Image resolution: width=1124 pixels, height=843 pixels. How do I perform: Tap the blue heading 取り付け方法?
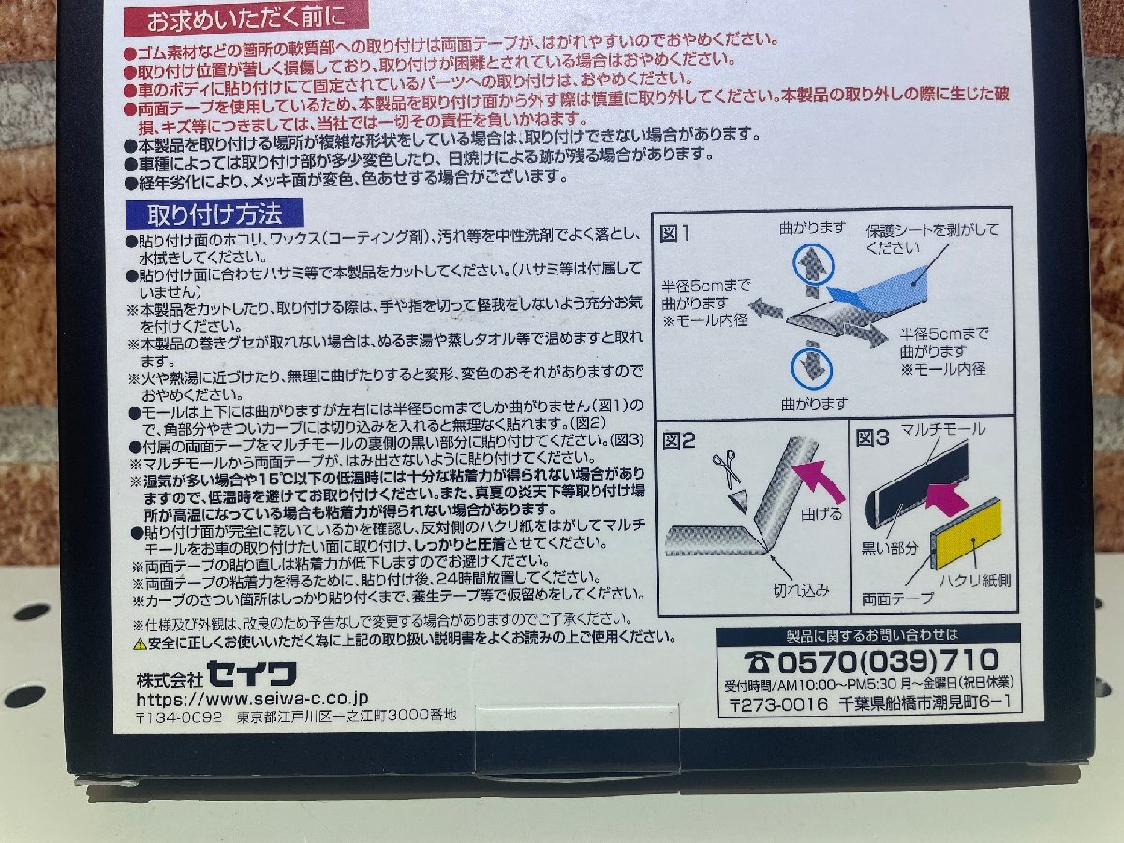pos(213,214)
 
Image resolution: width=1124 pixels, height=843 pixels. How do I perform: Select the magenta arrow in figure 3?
pos(947,494)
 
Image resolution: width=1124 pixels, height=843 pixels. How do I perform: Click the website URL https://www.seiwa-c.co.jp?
pos(252,698)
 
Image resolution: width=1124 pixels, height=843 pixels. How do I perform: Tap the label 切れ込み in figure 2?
pos(803,589)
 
